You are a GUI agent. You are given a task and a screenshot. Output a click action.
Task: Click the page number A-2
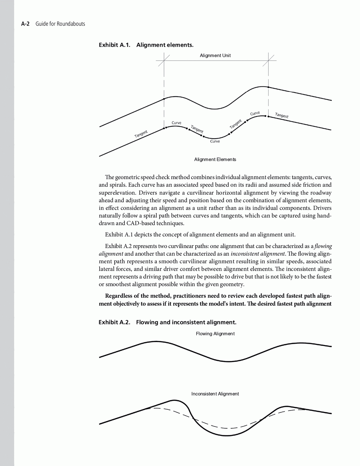[25, 24]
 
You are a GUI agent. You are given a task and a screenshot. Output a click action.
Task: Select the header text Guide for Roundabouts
[60, 24]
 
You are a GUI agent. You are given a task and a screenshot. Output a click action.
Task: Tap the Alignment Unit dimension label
[215, 56]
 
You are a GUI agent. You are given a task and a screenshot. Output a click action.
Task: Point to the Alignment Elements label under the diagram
[215, 159]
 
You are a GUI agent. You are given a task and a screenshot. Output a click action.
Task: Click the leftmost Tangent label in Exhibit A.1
[141, 134]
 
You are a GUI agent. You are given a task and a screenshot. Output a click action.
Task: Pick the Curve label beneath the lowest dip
[215, 141]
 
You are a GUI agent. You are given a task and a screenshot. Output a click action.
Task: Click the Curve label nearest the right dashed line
[255, 113]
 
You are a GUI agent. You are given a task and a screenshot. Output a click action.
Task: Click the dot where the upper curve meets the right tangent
[268, 87]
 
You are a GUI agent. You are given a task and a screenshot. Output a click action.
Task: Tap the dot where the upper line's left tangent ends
[164, 99]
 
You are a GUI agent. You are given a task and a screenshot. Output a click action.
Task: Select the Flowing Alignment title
[215, 334]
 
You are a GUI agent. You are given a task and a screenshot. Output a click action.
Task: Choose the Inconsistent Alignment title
[215, 394]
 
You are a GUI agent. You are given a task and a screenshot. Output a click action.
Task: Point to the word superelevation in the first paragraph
[117, 193]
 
